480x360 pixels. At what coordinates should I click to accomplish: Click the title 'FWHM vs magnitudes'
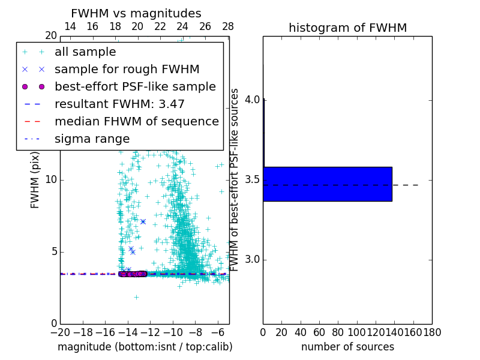pos(136,14)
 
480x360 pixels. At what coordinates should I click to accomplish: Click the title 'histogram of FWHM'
pos(347,28)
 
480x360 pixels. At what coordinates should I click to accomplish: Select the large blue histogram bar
pos(327,184)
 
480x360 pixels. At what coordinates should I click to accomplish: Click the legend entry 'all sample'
pos(85,52)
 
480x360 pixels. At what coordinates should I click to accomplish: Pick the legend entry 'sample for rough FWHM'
pos(127,69)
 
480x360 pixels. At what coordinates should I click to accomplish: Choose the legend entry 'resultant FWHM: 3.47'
pos(119,104)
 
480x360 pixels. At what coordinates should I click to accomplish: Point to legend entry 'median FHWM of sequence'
pos(136,121)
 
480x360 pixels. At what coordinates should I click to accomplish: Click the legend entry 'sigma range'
pos(92,139)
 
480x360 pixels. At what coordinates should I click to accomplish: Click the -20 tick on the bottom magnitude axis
pos(60,332)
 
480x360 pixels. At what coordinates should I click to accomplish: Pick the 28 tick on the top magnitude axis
pos(228,26)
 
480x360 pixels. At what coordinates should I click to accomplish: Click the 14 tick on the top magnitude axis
pos(70,26)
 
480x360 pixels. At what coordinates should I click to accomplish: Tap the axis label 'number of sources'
pos(347,347)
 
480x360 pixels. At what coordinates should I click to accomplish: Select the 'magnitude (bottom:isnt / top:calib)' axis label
pos(145,347)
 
